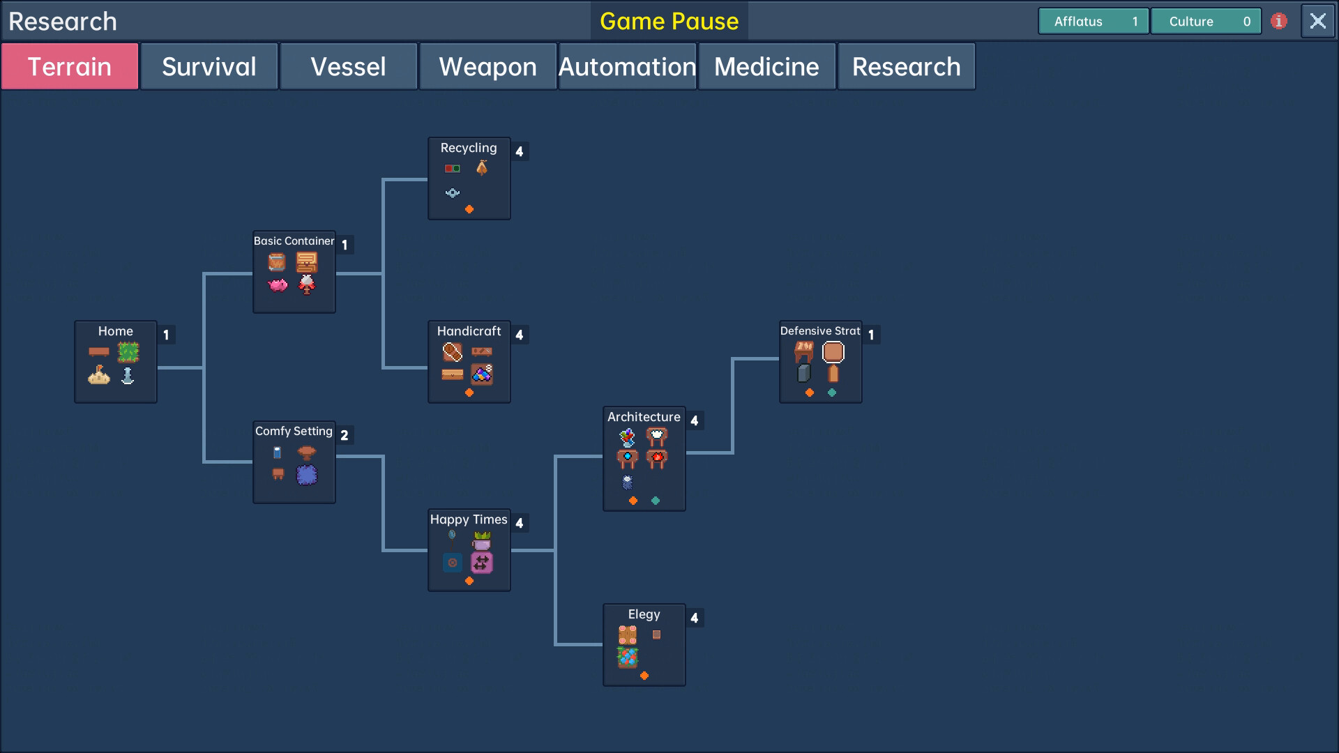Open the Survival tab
209,67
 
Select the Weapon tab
488,67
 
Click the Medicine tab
767,67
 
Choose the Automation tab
628,67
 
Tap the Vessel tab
349,67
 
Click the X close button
1317,21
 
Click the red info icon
1278,21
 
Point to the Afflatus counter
1093,21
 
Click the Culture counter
1206,21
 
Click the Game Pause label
669,21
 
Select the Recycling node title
469,148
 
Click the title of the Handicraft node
469,331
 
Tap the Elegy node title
644,614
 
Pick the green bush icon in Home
128,352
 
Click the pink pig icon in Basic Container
278,285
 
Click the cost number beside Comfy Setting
345,435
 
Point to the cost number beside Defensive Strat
871,335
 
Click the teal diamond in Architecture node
656,501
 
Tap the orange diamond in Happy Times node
469,581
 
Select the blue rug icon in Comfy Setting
307,475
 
